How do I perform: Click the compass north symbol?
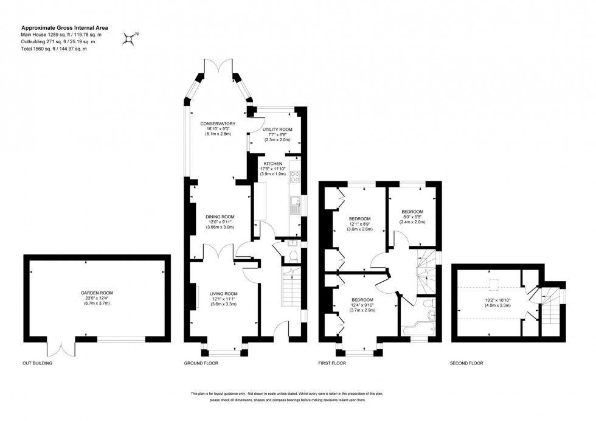pyautogui.click(x=129, y=38)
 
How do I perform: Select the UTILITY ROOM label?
pyautogui.click(x=277, y=130)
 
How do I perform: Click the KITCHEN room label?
pyautogui.click(x=272, y=164)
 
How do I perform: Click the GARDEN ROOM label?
pyautogui.click(x=97, y=293)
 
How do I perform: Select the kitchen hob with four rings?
pyautogui.click(x=296, y=177)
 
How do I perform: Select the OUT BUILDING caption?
pyautogui.click(x=38, y=363)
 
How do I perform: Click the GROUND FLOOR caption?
pyautogui.click(x=201, y=363)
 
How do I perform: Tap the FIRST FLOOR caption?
pyautogui.click(x=332, y=363)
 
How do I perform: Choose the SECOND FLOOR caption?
pyautogui.click(x=466, y=363)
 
